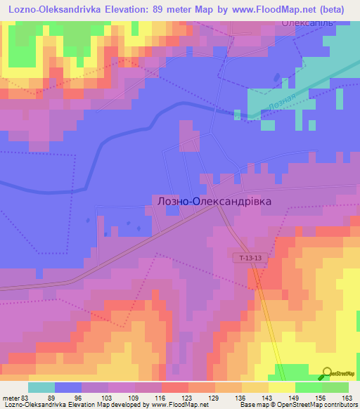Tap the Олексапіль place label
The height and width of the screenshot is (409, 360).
307,22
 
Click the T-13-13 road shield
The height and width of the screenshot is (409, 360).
250,259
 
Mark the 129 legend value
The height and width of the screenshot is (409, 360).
215,396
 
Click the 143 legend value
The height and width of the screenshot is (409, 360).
269,396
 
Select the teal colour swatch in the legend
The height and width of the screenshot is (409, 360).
41,387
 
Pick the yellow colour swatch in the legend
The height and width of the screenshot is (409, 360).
282,387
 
